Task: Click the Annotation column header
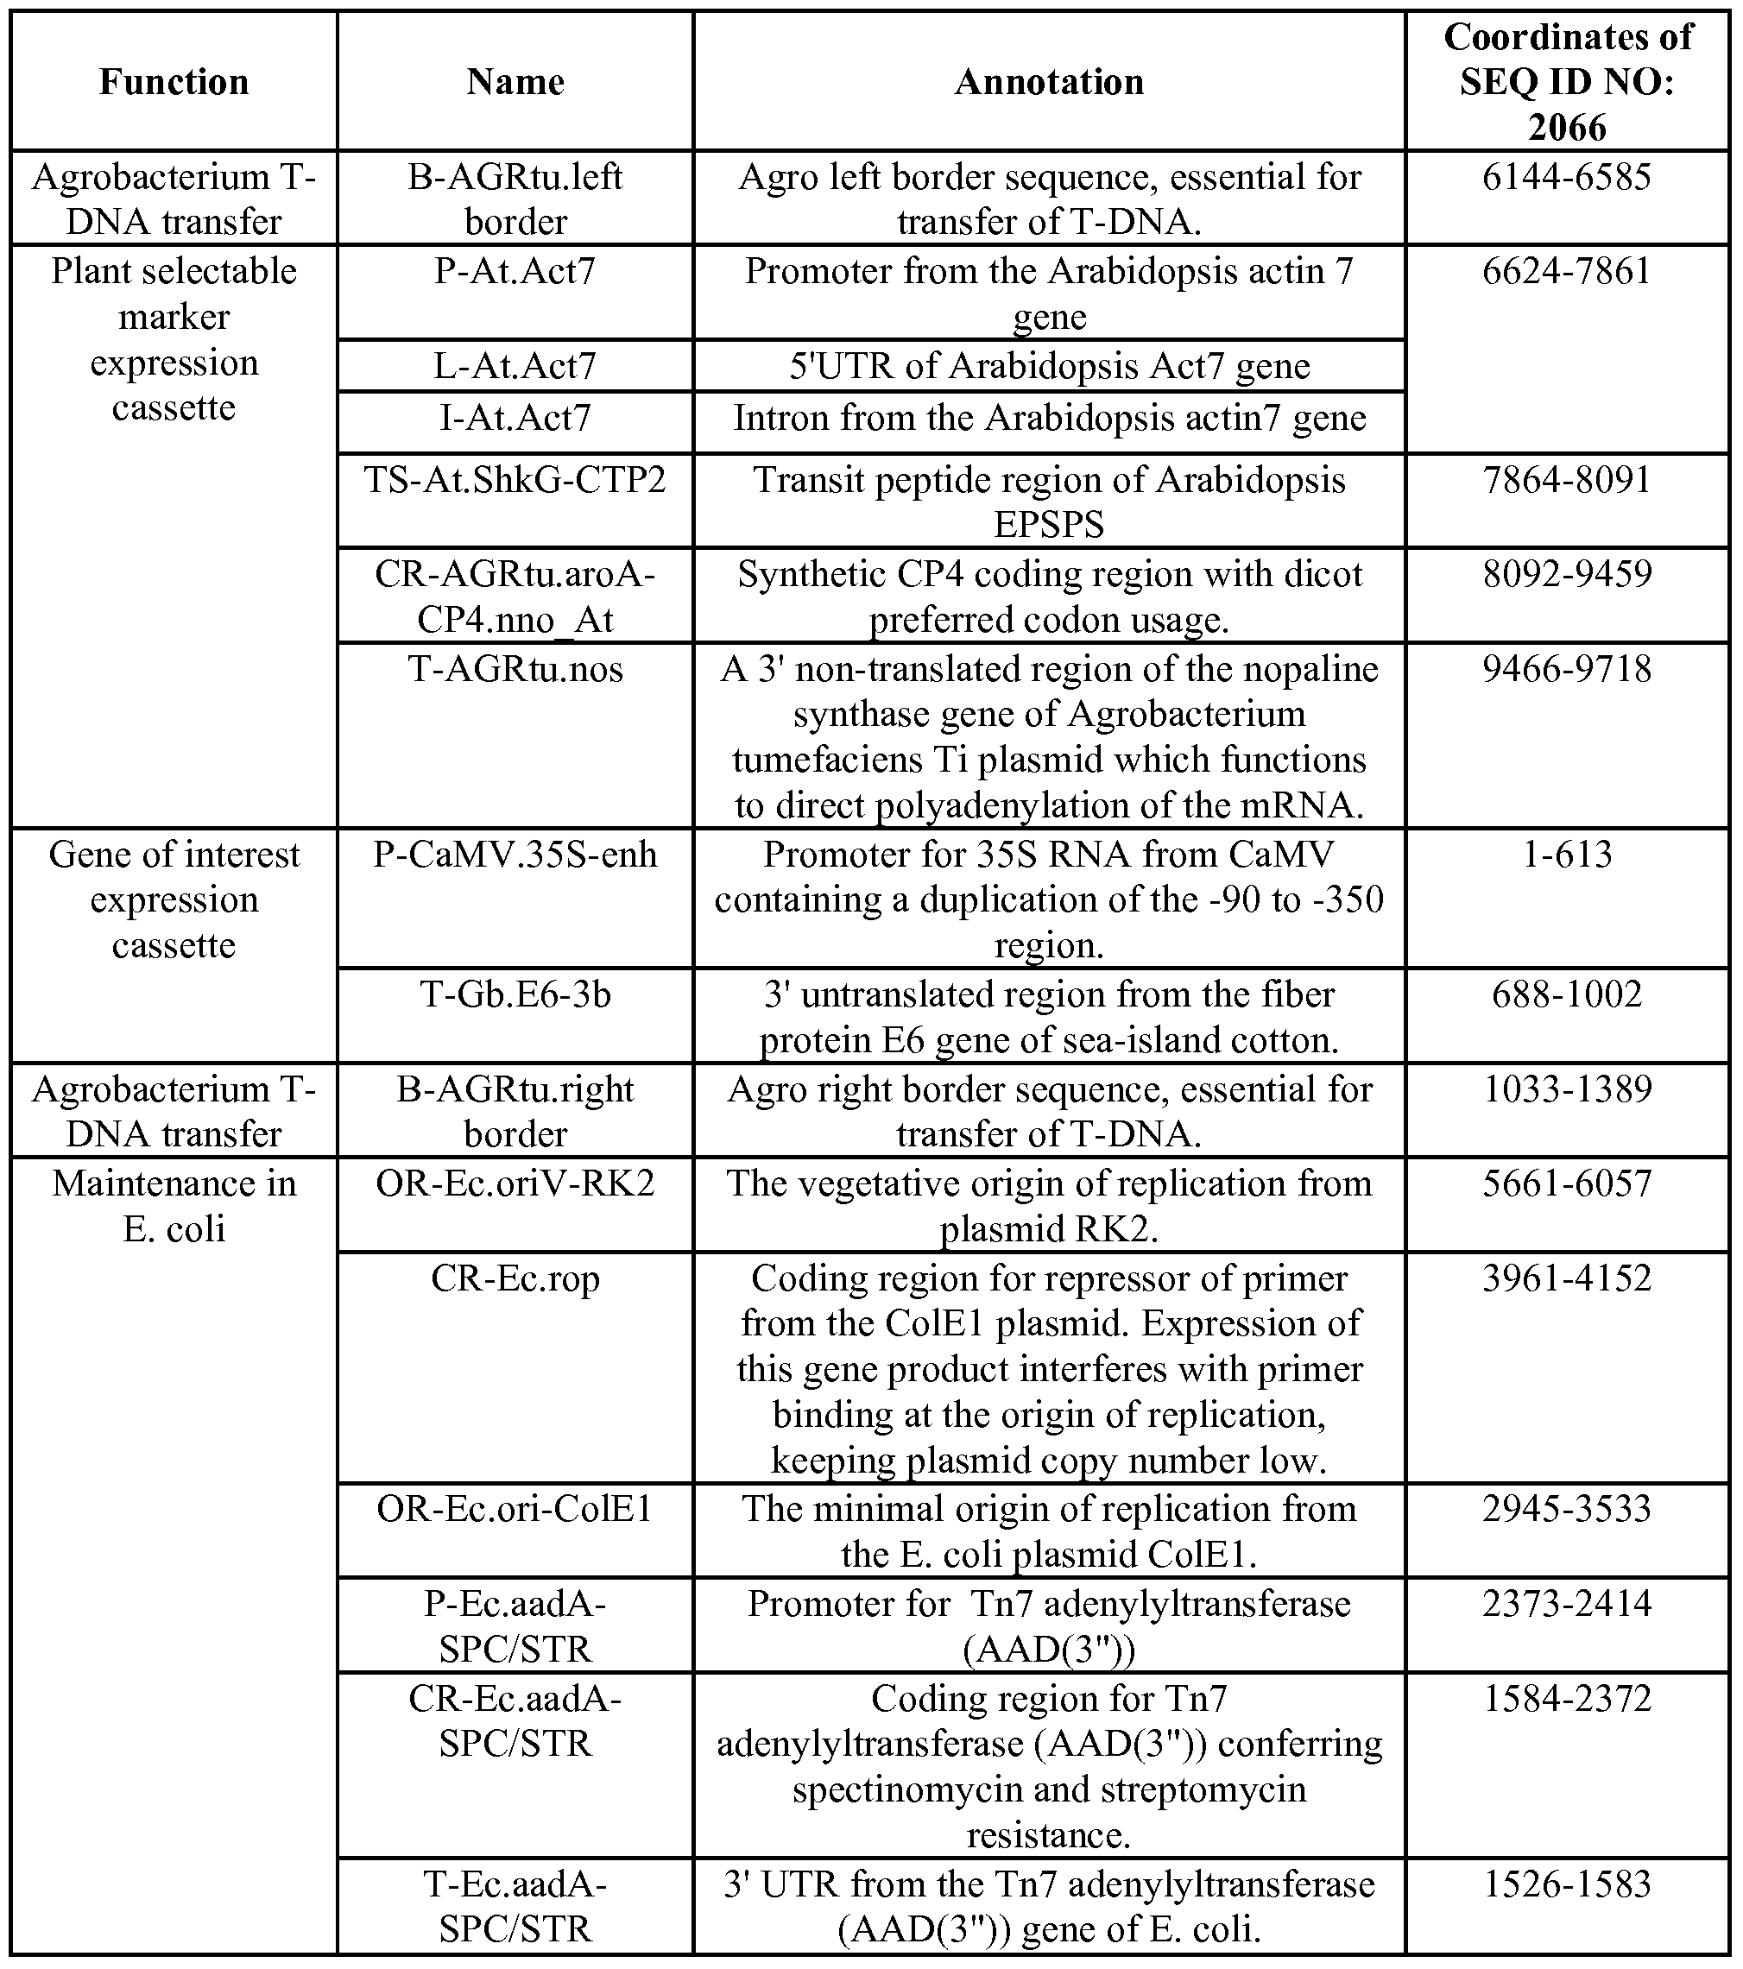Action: tap(1048, 82)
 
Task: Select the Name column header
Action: tap(515, 82)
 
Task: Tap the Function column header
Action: tap(174, 82)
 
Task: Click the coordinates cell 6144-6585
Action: tap(1567, 177)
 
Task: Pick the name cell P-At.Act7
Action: tap(515, 272)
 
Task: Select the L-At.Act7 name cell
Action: tap(515, 366)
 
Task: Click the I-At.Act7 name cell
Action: tap(515, 418)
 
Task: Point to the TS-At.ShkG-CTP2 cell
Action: tap(515, 480)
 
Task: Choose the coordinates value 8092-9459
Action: tap(1567, 574)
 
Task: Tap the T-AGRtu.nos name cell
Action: tap(515, 668)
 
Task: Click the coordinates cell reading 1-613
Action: tap(1567, 855)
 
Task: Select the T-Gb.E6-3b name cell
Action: tap(515, 994)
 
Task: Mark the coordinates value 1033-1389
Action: tap(1567, 1089)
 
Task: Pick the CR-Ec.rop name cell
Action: tap(515, 1278)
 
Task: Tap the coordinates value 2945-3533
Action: tap(1567, 1509)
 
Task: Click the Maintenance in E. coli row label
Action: tap(174, 1206)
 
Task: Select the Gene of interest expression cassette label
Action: tap(174, 899)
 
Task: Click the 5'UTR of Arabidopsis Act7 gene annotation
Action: tap(1048, 366)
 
